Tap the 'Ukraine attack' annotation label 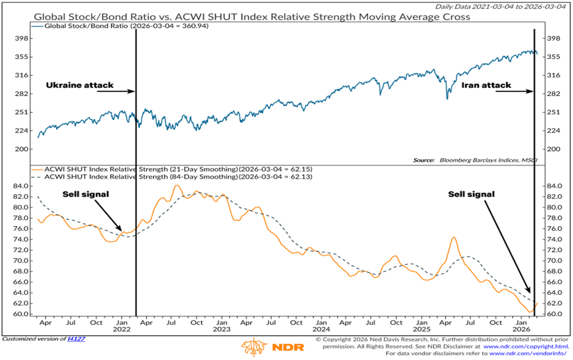pos(80,85)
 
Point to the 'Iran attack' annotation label pos(486,85)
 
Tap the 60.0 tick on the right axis pos(553,314)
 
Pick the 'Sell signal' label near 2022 pos(71,194)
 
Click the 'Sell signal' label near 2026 pos(471,194)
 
